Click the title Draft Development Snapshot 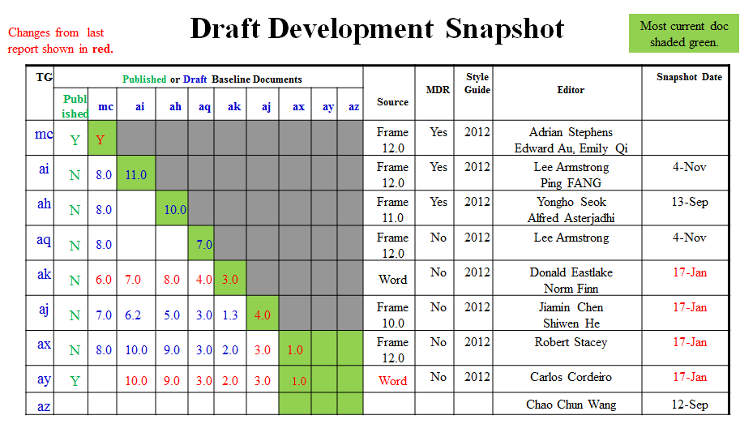point(377,29)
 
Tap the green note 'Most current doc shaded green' point(684,34)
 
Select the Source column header point(392,102)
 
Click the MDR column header point(438,90)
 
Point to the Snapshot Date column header point(689,77)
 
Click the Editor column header point(571,90)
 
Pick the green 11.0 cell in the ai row point(136,174)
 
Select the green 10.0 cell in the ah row point(175,209)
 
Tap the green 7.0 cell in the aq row point(204,244)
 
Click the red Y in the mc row point(101,139)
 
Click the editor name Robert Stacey point(571,342)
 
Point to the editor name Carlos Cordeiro point(571,377)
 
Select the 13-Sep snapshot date point(689,202)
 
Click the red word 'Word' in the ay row point(392,380)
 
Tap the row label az point(44,405)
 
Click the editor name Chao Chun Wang point(571,405)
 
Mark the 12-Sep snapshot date point(690,405)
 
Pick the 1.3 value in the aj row point(231,315)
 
